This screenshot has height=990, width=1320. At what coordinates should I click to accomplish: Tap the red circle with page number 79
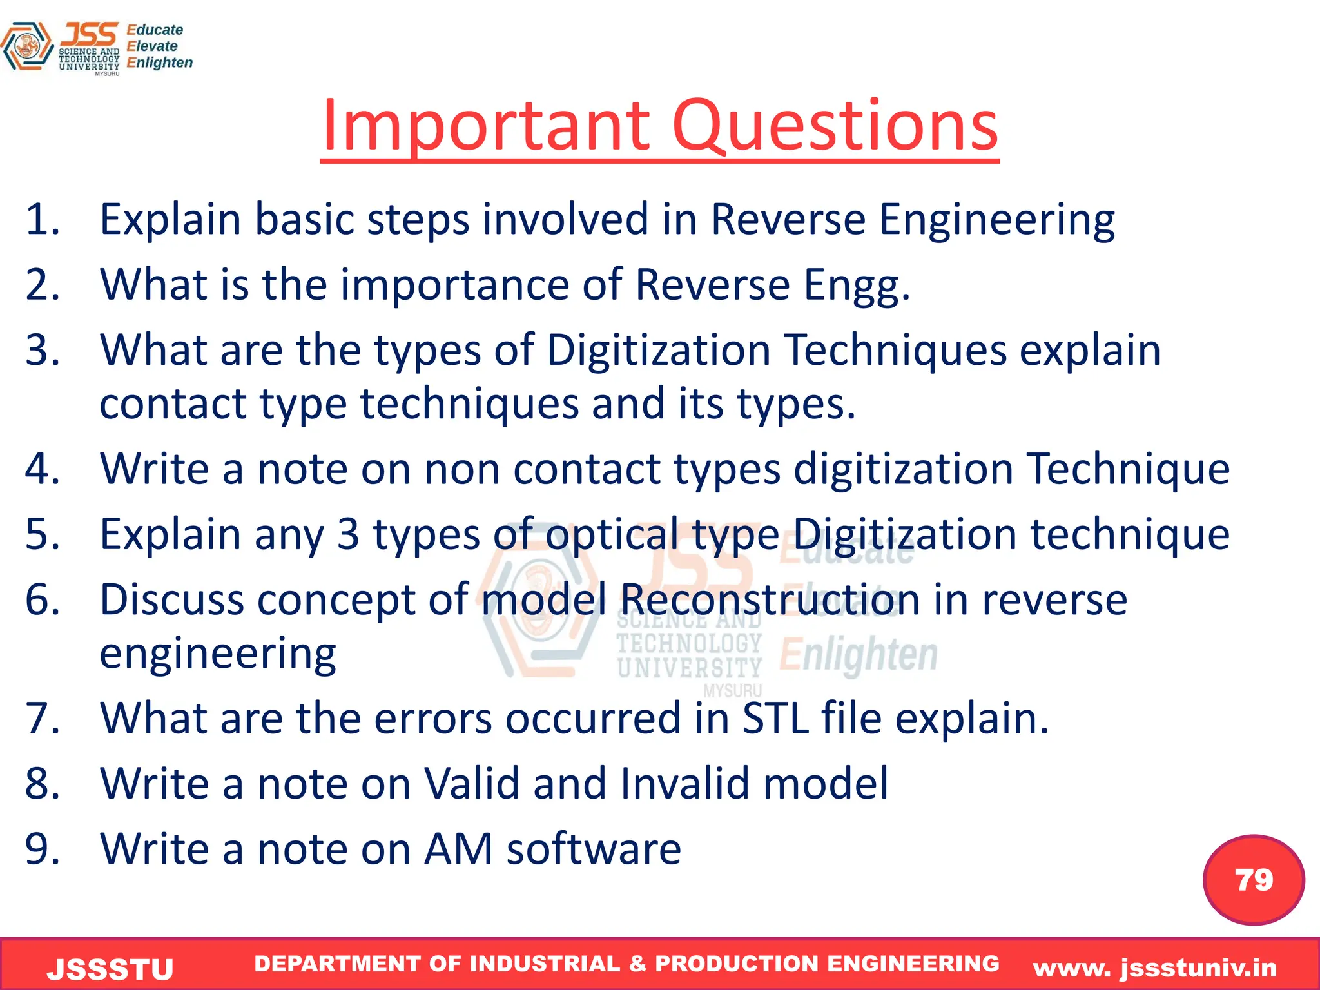coord(1254,880)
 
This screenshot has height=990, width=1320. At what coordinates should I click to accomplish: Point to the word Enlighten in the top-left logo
coord(160,63)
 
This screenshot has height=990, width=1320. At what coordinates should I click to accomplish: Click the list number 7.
coord(42,718)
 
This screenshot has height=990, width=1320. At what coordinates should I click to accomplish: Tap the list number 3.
coord(42,350)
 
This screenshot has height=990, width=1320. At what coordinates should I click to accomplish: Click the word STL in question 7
coord(775,718)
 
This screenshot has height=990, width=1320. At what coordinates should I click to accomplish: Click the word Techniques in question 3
coord(897,350)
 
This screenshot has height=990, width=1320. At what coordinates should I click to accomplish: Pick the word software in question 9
coord(594,849)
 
